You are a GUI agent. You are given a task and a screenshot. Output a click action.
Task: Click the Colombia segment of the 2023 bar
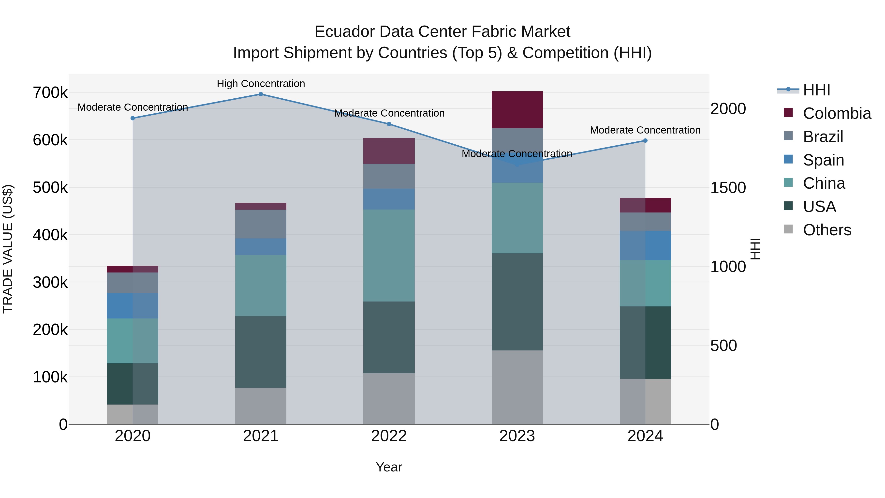pos(517,110)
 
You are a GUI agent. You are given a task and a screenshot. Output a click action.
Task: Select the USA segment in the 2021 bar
pos(261,352)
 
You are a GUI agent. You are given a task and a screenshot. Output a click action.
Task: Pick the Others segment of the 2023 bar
pos(517,387)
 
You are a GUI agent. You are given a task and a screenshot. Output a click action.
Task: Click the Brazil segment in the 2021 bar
pos(261,224)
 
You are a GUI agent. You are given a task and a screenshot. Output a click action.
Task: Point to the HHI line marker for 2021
pos(261,94)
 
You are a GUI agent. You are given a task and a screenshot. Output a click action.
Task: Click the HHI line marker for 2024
pos(645,141)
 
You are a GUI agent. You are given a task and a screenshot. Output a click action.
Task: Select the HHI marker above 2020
pos(133,118)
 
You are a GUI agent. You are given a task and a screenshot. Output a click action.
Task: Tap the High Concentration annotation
pos(261,84)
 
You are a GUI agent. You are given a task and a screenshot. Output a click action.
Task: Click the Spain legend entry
pos(823,160)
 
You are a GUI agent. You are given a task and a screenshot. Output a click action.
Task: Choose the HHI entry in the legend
pos(816,90)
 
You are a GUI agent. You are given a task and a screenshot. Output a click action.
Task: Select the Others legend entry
pos(826,230)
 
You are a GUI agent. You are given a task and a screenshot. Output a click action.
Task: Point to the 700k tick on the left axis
pos(50,93)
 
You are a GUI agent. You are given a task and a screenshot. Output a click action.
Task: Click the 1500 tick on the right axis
pos(728,188)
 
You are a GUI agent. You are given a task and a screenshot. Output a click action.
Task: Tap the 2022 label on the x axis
pos(389,436)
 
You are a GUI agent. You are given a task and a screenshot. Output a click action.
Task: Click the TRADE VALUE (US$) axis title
pos(8,249)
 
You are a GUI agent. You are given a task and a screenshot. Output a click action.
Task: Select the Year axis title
pos(389,467)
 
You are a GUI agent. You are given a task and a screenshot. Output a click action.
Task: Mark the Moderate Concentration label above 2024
pos(645,130)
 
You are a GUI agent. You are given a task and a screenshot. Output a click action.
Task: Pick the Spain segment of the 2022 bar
pos(389,199)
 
